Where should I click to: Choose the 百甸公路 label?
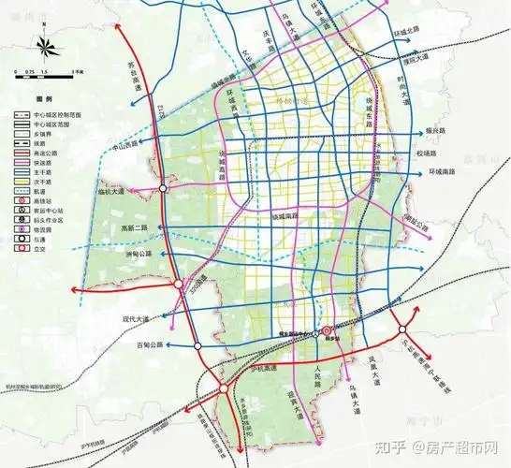click(x=148, y=344)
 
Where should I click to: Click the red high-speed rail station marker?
click(x=327, y=331)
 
